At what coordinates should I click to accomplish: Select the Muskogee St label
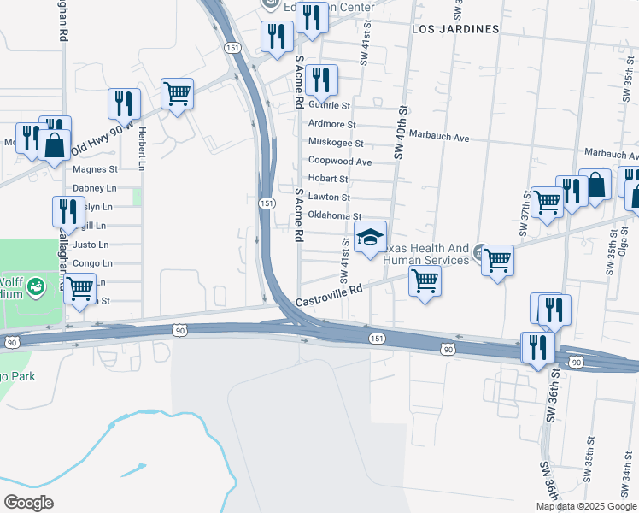[x=336, y=143]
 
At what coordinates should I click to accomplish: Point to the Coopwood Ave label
[x=340, y=162]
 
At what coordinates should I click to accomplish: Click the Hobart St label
[x=328, y=180]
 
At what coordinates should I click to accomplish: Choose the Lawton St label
[x=329, y=198]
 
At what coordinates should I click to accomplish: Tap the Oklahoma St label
[x=335, y=216]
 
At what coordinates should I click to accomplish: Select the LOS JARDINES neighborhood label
[x=455, y=29]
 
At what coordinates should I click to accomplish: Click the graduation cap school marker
[x=371, y=237]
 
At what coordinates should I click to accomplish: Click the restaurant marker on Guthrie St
[x=321, y=80]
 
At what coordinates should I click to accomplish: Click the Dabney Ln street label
[x=94, y=188]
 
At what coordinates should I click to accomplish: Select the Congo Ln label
[x=92, y=263]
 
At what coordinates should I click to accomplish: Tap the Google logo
[x=28, y=502]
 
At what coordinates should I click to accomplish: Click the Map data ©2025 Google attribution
[x=586, y=506]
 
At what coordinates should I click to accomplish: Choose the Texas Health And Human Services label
[x=427, y=254]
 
